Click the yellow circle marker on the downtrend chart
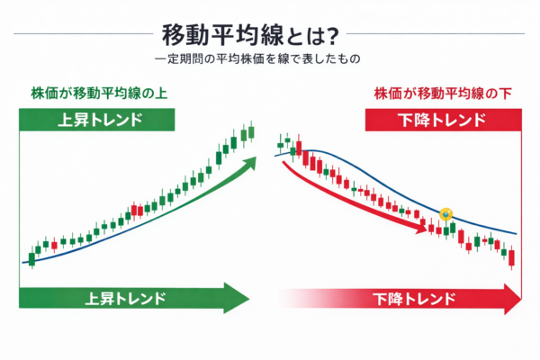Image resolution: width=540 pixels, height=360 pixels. tap(447, 214)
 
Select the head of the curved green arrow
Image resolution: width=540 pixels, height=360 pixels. tap(256, 159)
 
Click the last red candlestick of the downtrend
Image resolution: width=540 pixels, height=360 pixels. tap(511, 258)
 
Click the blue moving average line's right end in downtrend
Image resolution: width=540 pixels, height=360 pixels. tap(517, 234)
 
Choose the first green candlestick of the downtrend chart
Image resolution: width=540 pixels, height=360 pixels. tap(281, 142)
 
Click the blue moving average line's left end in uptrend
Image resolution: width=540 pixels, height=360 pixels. tap(23, 262)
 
